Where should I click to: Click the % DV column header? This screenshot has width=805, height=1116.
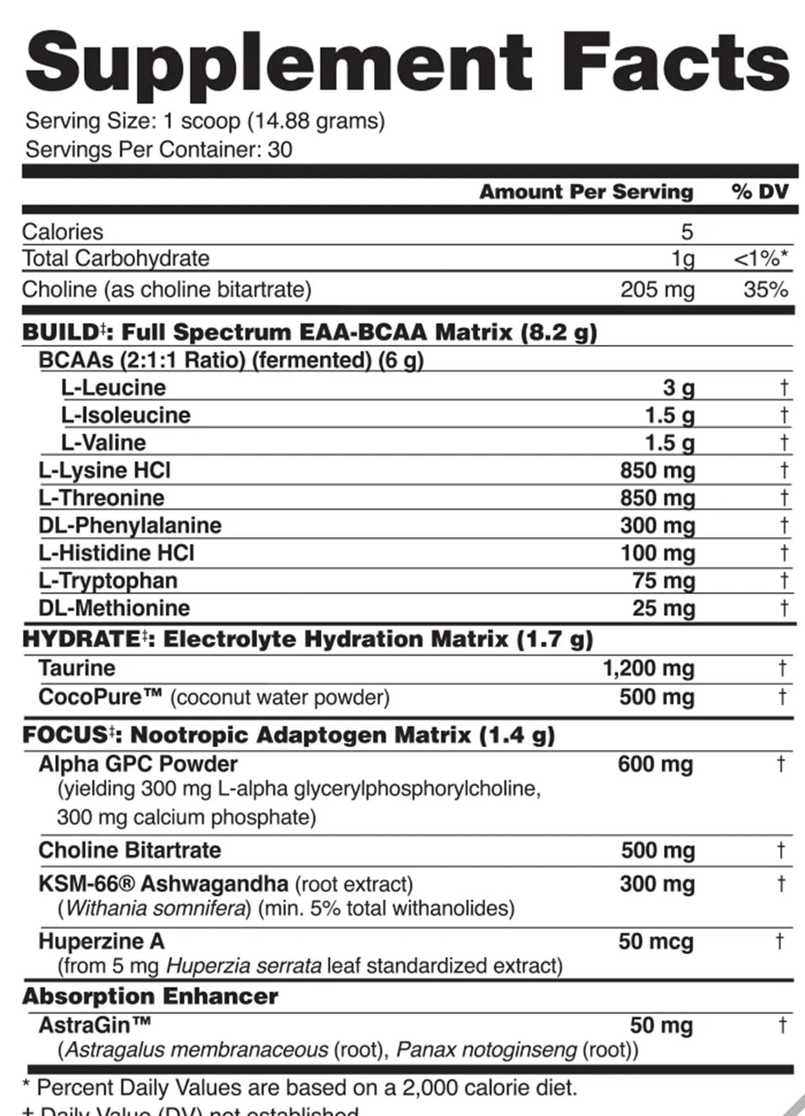click(x=760, y=191)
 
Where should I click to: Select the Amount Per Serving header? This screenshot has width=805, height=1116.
click(x=586, y=191)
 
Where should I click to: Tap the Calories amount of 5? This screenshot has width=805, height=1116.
click(x=687, y=232)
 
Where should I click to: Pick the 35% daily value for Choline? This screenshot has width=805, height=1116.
click(x=766, y=289)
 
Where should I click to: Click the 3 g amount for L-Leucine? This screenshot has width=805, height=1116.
click(x=678, y=388)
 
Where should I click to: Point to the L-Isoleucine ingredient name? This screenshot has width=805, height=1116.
click(x=126, y=415)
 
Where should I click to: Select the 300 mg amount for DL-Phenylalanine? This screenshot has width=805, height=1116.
click(x=657, y=525)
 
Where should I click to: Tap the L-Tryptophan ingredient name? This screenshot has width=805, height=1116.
click(x=107, y=580)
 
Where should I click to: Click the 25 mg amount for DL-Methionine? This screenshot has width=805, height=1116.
click(x=663, y=608)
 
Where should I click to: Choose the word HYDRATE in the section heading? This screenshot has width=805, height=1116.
click(x=80, y=639)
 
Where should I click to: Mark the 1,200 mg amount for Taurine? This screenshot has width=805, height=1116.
click(x=648, y=668)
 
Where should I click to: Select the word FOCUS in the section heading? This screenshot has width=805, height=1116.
click(x=65, y=735)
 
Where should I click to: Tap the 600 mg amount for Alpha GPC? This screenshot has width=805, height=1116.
click(x=655, y=764)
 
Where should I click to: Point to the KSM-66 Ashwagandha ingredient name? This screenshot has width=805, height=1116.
click(x=163, y=883)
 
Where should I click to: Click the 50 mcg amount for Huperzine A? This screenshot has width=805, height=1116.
click(x=655, y=941)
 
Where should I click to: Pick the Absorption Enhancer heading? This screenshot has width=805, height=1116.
click(x=150, y=996)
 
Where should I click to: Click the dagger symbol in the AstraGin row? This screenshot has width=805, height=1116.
click(x=782, y=1025)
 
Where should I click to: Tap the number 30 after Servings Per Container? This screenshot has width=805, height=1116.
click(x=280, y=149)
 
